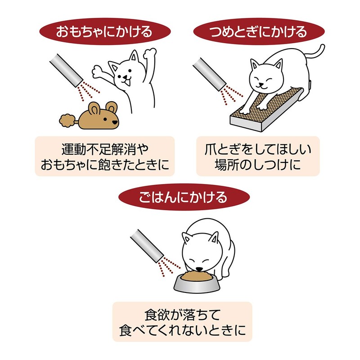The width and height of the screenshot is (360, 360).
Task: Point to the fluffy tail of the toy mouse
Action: tap(68, 120)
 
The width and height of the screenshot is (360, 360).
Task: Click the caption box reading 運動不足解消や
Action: tap(104, 156)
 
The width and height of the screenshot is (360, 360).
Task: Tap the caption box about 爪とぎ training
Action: tap(258, 156)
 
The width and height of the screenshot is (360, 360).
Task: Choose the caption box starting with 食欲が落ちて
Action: tap(182, 322)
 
